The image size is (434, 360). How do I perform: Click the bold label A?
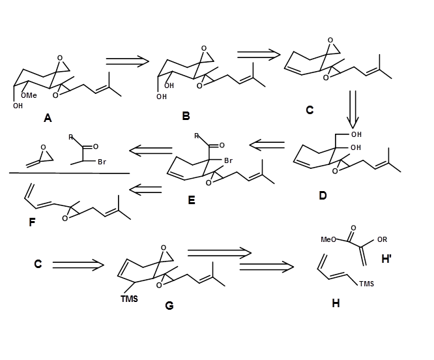point(48,118)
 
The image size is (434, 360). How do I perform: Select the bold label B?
point(186,115)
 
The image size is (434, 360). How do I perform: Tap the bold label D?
point(323,194)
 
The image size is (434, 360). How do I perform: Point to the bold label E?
point(191,200)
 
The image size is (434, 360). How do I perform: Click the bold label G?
point(169,305)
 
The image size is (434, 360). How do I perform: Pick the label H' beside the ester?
point(386,258)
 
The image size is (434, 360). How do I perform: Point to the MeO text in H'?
point(329,239)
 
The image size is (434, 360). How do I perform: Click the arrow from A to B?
point(128,61)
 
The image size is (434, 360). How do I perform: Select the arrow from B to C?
point(259,55)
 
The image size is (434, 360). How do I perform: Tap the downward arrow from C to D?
point(353,108)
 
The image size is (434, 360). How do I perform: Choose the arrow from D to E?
point(267,144)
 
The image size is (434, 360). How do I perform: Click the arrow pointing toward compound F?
point(145,190)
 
